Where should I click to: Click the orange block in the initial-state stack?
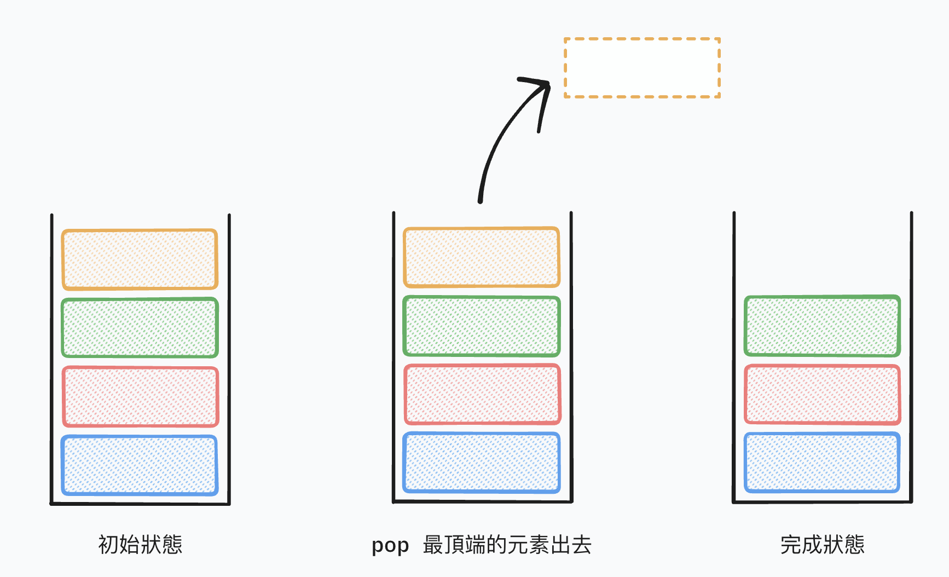coord(140,259)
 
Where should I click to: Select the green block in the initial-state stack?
coord(140,328)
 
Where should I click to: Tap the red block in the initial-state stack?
coord(140,396)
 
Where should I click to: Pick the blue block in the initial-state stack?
coord(140,465)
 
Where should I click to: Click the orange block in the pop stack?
coord(482,257)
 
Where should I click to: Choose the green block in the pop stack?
coord(482,326)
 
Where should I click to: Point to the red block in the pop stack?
coord(482,394)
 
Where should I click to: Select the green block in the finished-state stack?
coord(822,326)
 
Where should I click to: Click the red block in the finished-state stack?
coord(822,394)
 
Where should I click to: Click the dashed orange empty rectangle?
coord(642,68)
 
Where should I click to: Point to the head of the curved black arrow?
coord(546,85)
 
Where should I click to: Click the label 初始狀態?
coord(140,545)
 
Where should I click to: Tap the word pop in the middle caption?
coord(390,546)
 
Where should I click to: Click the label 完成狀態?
coord(822,545)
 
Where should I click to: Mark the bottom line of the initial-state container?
coord(140,504)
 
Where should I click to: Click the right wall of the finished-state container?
coord(911,356)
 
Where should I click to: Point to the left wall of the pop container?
coord(394,356)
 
